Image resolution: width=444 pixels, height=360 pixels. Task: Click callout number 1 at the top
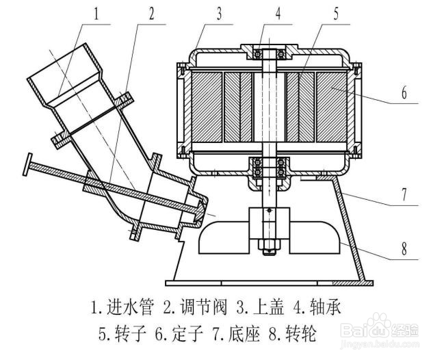(97, 14)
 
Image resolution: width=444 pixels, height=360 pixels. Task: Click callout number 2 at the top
(151, 14)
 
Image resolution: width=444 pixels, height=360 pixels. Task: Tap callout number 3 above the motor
(219, 14)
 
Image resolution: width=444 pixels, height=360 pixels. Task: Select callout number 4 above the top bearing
(278, 14)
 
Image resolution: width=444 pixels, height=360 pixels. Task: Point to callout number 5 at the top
(336, 14)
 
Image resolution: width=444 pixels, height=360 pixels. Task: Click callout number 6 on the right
(404, 92)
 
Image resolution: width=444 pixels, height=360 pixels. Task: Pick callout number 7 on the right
(404, 194)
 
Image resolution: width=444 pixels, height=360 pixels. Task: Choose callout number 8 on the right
(404, 248)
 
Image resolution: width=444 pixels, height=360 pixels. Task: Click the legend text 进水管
(130, 307)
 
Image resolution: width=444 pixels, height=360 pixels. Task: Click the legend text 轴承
(326, 307)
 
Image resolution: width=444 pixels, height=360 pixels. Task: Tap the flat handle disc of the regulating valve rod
(27, 164)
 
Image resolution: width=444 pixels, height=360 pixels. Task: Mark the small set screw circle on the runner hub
(270, 210)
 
